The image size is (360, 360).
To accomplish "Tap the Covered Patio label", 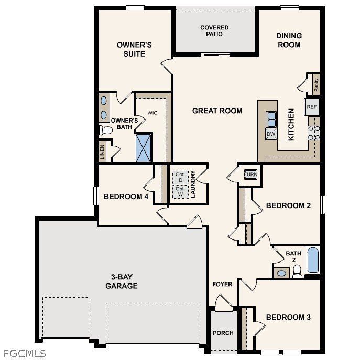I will [x=214, y=30].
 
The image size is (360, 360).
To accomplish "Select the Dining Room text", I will [x=289, y=40].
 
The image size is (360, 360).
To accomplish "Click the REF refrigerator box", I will [x=312, y=107].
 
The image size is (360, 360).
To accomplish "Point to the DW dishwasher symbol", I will [x=271, y=134].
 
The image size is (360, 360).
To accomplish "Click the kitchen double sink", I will [x=271, y=119].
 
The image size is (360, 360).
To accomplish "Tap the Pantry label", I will [x=316, y=84].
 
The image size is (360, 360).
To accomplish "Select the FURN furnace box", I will [x=250, y=174].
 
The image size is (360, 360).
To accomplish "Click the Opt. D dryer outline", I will [x=180, y=177].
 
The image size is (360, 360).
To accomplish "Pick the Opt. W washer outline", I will [x=180, y=192].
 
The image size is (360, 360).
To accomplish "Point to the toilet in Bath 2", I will [x=297, y=271].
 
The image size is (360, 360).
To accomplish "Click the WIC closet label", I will [x=152, y=113].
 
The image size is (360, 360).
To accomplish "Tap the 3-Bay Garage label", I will [x=121, y=281].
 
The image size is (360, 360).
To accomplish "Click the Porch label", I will [x=223, y=333].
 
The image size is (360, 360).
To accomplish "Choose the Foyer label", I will [x=222, y=285].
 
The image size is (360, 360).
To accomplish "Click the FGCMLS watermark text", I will [x=24, y=353].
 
